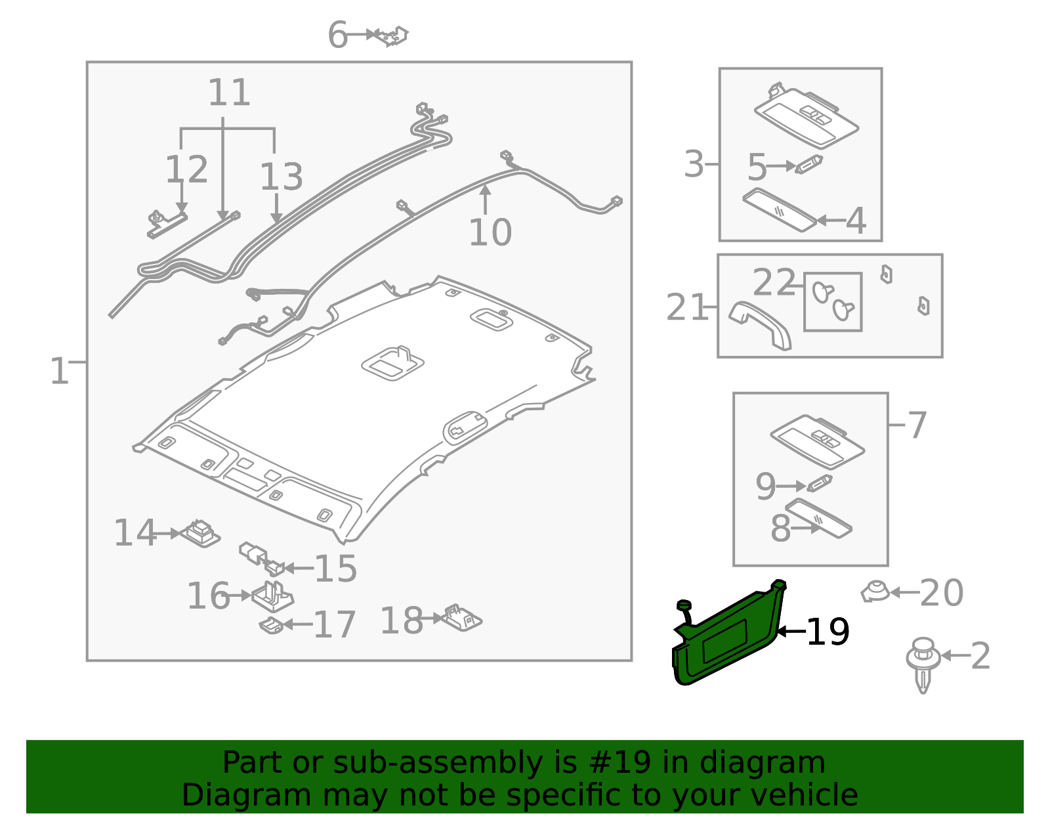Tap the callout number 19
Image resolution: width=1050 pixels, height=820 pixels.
pos(828,632)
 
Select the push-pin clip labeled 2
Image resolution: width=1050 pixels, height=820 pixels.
pos(923,664)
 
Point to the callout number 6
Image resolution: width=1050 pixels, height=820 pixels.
pos(338,35)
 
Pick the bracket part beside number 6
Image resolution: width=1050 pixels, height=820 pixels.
pos(392,35)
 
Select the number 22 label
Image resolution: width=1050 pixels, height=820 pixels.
pos(774,282)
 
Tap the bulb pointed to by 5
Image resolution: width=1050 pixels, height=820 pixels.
pos(809,164)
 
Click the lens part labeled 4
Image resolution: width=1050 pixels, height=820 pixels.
pos(780,209)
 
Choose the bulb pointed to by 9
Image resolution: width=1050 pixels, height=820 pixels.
pos(819,484)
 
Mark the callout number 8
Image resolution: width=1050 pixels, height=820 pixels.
pos(780,528)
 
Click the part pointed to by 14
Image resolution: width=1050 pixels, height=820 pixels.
pos(200,534)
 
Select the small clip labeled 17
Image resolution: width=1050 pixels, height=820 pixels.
pos(271,626)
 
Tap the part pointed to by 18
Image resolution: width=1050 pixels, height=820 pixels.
pos(463,618)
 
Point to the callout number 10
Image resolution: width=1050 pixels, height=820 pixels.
pos(490,232)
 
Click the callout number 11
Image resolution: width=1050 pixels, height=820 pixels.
pos(229,93)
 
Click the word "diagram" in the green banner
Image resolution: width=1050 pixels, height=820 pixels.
pos(762,762)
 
